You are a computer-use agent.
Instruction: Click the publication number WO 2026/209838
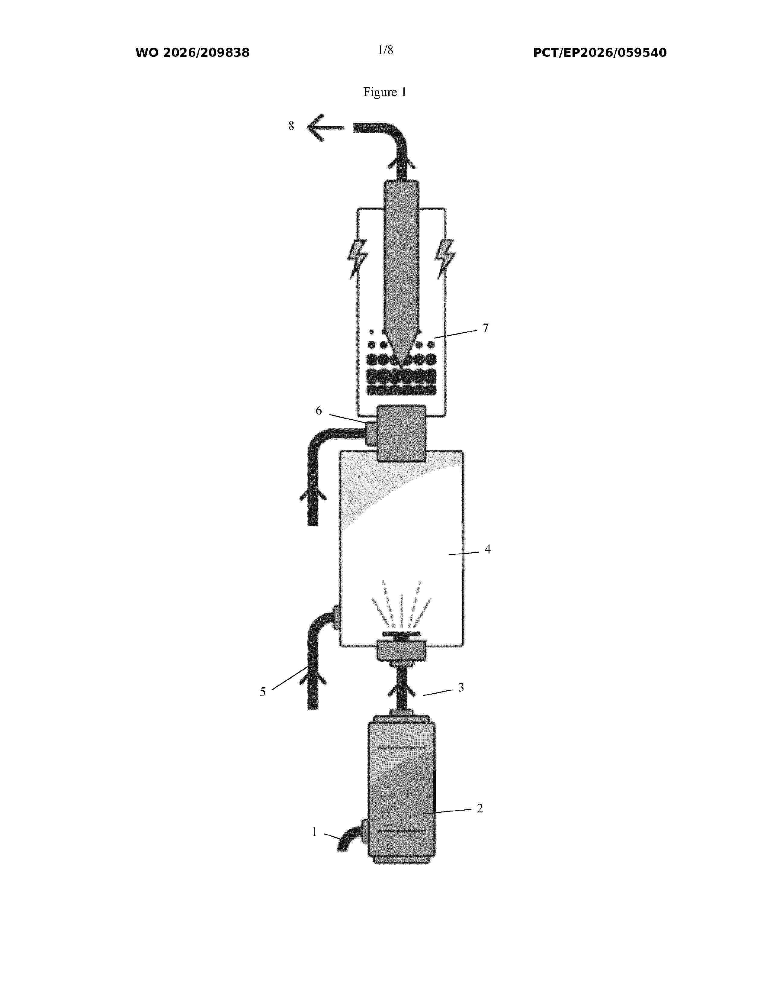[x=193, y=53]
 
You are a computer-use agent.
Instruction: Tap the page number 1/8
[x=386, y=50]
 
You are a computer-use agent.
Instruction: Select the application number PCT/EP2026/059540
[x=600, y=53]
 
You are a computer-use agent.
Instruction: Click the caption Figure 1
[x=384, y=92]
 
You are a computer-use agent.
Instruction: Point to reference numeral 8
[x=291, y=126]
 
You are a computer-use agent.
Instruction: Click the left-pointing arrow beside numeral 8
[x=325, y=128]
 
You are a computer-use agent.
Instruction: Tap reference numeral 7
[x=485, y=328]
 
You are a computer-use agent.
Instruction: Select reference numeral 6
[x=319, y=411]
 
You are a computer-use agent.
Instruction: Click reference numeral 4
[x=488, y=549]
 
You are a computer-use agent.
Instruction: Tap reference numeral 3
[x=461, y=688]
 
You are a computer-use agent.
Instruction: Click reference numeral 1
[x=314, y=832]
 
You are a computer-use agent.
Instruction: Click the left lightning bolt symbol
[x=358, y=258]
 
